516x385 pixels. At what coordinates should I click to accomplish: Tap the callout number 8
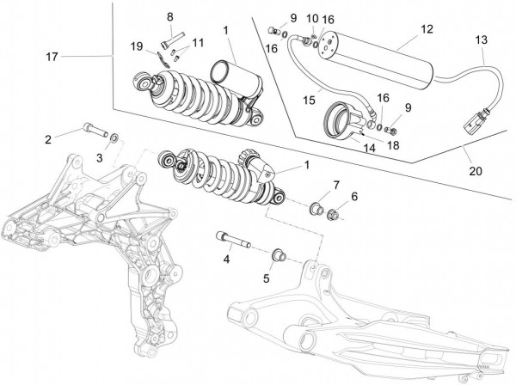[x=170, y=17]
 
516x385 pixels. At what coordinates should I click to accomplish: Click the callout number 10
[x=312, y=18]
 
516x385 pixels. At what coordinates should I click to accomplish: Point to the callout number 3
[x=99, y=159]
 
